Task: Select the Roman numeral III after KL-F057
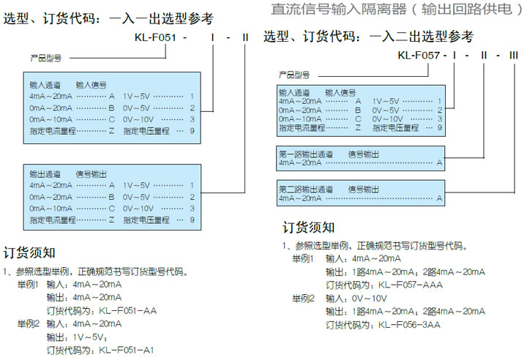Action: (x=514, y=55)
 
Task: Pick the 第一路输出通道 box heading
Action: (x=306, y=154)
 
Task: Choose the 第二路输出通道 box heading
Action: (x=306, y=190)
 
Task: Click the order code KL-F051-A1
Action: (x=127, y=350)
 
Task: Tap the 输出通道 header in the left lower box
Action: (x=45, y=174)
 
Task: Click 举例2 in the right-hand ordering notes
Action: (x=303, y=298)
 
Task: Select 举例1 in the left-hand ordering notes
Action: (x=29, y=284)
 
